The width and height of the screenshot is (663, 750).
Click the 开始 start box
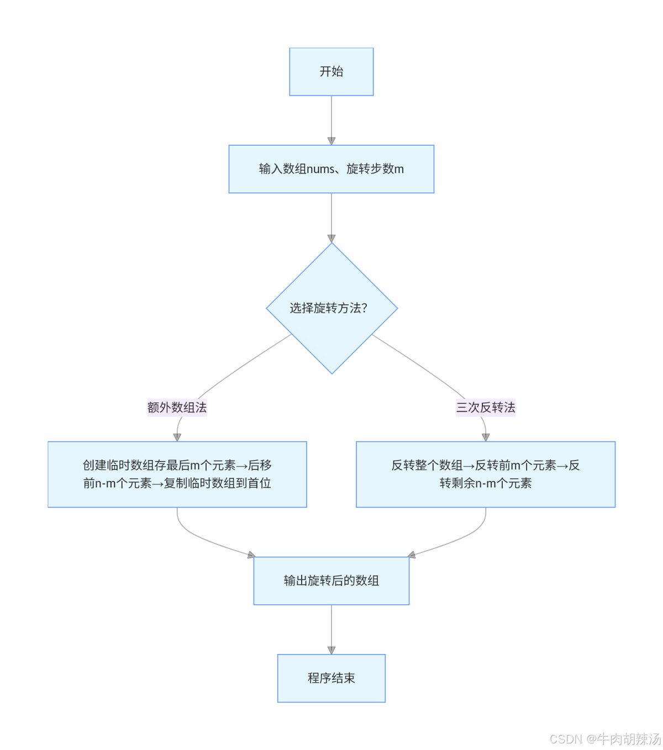tap(331, 72)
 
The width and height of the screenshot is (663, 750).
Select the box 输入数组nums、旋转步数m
tap(331, 169)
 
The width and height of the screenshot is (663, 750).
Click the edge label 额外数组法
tap(177, 408)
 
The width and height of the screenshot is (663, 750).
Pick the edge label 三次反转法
tap(486, 408)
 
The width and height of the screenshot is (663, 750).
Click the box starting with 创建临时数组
tap(177, 474)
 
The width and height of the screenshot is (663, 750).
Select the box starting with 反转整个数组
tap(486, 474)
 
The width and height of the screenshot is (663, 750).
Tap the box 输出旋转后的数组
tap(331, 580)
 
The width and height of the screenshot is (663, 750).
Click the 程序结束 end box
tap(331, 678)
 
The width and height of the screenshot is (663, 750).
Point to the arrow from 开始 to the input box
tap(331, 119)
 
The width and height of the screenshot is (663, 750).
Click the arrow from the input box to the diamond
tap(331, 216)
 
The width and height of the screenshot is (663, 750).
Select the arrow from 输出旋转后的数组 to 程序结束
tap(331, 628)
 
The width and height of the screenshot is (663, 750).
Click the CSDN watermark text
tap(605, 739)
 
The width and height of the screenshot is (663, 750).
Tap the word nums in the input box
tap(321, 169)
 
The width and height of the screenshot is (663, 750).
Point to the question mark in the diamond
tap(364, 308)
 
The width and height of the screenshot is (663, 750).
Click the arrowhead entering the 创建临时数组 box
tap(177, 437)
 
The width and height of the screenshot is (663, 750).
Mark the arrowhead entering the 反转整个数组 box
tap(486, 437)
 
